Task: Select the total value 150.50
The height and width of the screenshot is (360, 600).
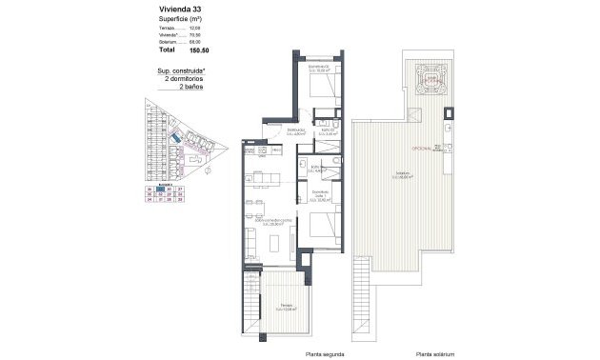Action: click(x=200, y=50)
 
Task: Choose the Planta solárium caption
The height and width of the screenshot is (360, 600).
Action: click(x=433, y=353)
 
